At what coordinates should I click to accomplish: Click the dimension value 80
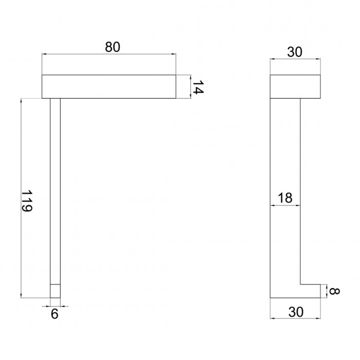(112, 47)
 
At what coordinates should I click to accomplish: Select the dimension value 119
(27, 201)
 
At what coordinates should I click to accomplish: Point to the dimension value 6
(55, 314)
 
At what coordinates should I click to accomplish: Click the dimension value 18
(285, 198)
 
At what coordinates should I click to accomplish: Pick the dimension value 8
(334, 291)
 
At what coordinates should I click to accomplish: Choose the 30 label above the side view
(295, 51)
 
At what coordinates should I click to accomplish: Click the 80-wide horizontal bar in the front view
(109, 86)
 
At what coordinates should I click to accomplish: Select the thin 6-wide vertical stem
(55, 190)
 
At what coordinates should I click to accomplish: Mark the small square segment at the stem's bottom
(55, 291)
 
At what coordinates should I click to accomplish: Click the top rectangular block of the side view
(296, 86)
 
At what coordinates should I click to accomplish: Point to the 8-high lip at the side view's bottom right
(310, 291)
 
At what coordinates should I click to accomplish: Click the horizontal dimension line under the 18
(285, 206)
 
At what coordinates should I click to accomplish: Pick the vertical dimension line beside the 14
(190, 86)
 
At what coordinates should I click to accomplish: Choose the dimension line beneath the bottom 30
(296, 318)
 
